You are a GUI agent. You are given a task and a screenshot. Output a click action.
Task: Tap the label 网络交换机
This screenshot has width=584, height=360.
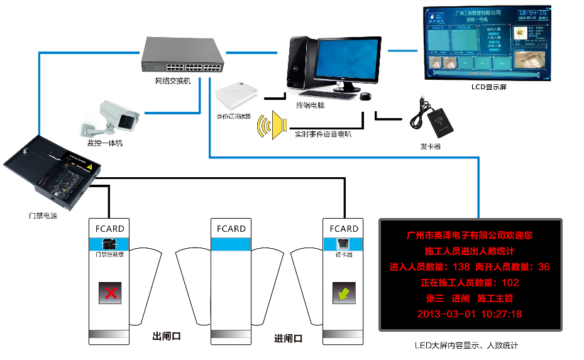[172, 81]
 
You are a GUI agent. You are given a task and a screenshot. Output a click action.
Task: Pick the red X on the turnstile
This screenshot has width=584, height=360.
[111, 293]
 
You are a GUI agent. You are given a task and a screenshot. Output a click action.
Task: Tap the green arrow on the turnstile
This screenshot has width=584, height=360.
[344, 293]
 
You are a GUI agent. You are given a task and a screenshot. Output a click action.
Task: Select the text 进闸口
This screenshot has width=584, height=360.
[289, 339]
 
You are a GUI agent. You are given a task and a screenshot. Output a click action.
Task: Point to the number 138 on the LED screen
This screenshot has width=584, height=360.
[461, 267]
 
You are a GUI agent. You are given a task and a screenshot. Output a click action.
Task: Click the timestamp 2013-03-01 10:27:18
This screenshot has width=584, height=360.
[469, 314]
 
